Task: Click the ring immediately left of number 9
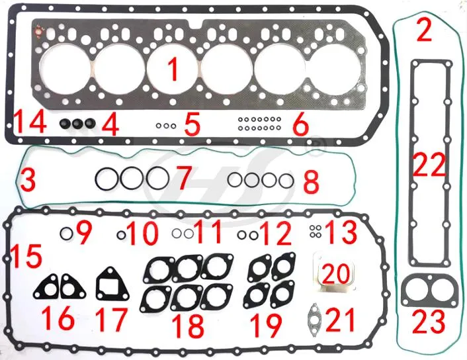pyautogui.click(x=66, y=232)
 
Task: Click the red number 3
pyautogui.click(x=28, y=179)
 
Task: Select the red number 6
pyautogui.click(x=300, y=124)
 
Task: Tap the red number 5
pyautogui.click(x=192, y=124)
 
